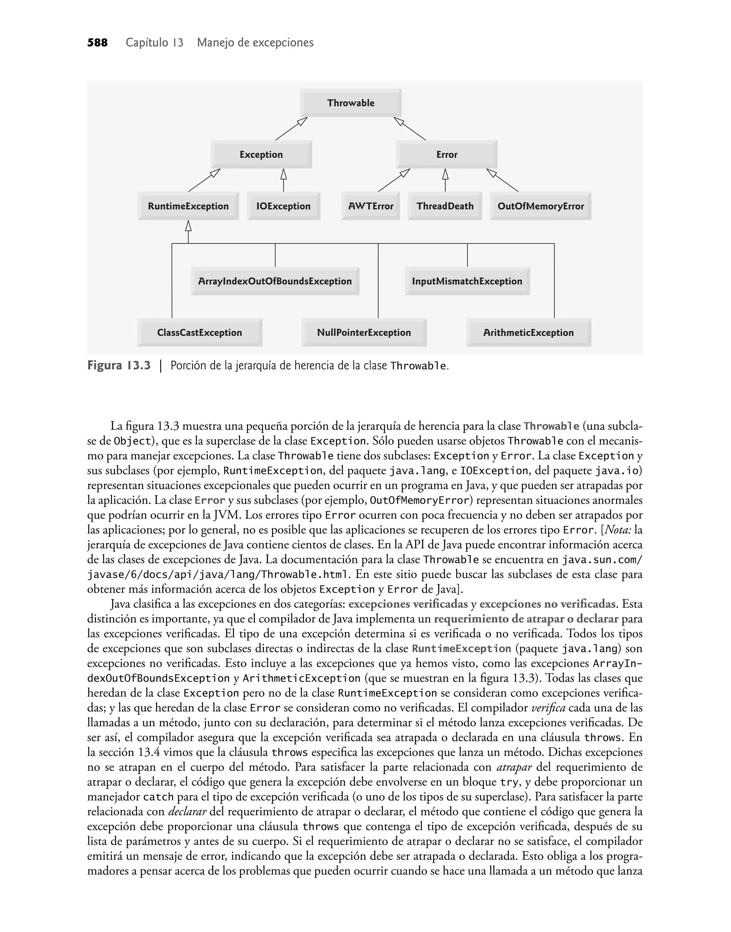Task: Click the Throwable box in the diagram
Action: [x=351, y=103]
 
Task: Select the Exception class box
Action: [x=261, y=155]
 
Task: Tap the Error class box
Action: [x=447, y=155]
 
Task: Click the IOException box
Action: [x=283, y=206]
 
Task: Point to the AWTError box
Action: [x=370, y=206]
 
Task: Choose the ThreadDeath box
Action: [x=445, y=206]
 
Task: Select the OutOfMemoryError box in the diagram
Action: [x=540, y=206]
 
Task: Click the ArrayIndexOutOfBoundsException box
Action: [x=275, y=281]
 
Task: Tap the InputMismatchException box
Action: [x=467, y=281]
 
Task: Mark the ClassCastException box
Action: [x=200, y=332]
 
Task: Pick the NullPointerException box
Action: [x=364, y=332]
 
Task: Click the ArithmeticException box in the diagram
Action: [x=529, y=332]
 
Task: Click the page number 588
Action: [x=97, y=43]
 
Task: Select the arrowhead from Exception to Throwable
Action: [x=303, y=121]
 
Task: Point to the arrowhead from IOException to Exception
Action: [x=283, y=174]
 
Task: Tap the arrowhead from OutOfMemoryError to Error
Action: [x=492, y=173]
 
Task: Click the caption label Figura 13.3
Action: [x=119, y=366]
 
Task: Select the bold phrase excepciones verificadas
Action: [x=408, y=604]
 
